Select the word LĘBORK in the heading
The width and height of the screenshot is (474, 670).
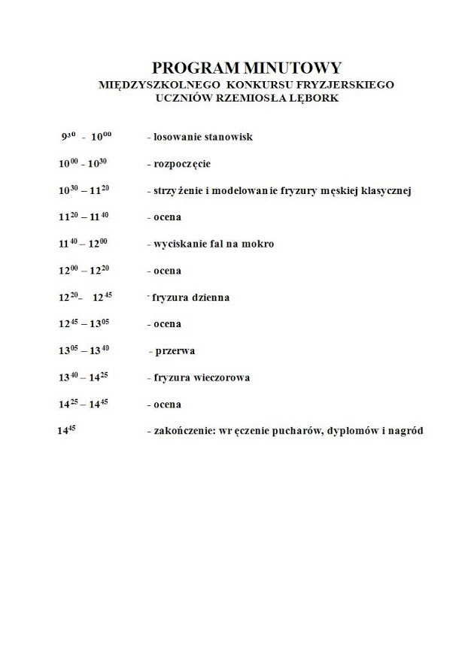[x=318, y=99]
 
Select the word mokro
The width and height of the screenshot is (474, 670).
[x=258, y=244]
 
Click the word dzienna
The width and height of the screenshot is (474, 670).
[x=207, y=298]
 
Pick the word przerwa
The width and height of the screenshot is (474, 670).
[x=175, y=351]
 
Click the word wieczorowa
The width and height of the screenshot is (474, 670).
[x=217, y=377]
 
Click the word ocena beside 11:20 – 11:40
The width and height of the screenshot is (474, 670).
[x=166, y=217]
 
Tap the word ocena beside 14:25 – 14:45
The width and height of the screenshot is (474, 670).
[x=166, y=405]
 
